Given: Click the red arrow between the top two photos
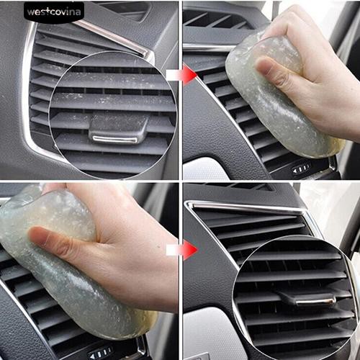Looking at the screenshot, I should (x=189, y=74).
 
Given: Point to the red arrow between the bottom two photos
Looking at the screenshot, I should (x=189, y=251).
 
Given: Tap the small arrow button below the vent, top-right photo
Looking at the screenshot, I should (x=301, y=168).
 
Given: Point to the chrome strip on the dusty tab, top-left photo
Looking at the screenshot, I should (x=115, y=138).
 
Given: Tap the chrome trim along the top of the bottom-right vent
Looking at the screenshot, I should (x=245, y=207).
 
